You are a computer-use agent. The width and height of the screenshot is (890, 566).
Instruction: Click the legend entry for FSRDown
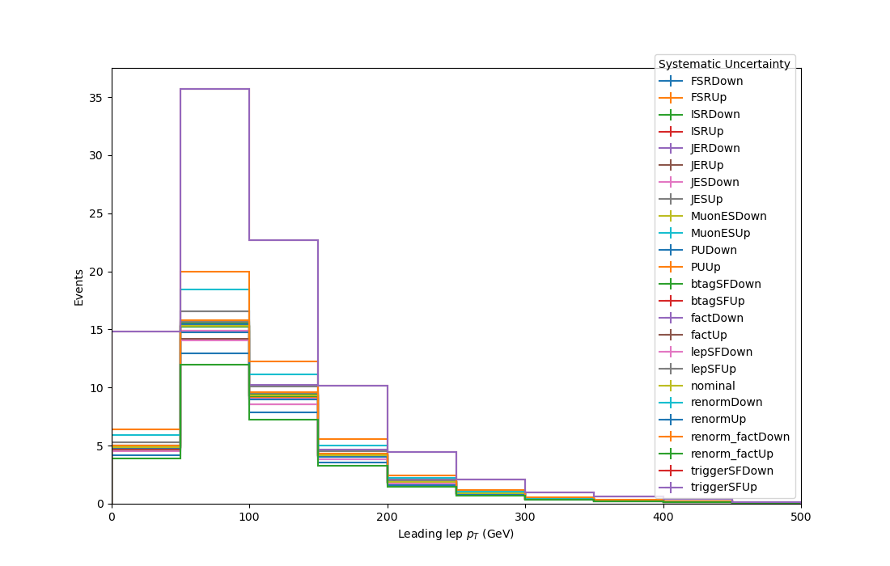pyautogui.click(x=716, y=81)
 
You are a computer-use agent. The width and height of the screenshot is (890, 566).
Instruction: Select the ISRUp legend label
pyautogui.click(x=706, y=132)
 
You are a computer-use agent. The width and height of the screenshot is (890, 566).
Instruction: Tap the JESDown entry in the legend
pyautogui.click(x=714, y=182)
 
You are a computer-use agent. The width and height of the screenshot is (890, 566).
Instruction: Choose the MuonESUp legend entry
pyautogui.click(x=720, y=233)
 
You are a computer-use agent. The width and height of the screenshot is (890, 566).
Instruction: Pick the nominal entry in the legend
pyautogui.click(x=713, y=386)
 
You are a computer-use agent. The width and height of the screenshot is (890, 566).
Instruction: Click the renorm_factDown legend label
pyautogui.click(x=740, y=437)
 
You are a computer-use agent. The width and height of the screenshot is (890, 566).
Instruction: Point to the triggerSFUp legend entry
pyautogui.click(x=723, y=488)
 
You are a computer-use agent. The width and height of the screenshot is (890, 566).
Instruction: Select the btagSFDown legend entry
pyautogui.click(x=726, y=284)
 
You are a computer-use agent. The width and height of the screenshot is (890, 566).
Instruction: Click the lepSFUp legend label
pyautogui.click(x=714, y=369)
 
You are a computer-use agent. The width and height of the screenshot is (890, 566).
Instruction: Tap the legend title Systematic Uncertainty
pyautogui.click(x=724, y=64)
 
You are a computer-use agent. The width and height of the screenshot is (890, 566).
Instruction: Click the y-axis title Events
pyautogui.click(x=78, y=288)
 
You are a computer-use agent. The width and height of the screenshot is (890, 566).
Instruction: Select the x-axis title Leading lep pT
pyautogui.click(x=456, y=534)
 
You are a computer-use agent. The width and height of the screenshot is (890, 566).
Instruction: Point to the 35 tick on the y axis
pyautogui.click(x=95, y=98)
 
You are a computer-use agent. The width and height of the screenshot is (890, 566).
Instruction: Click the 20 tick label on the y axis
pyautogui.click(x=95, y=272)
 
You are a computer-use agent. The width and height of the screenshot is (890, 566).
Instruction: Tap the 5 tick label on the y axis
pyautogui.click(x=100, y=446)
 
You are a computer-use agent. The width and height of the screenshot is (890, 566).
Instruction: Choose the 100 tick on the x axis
pyautogui.click(x=249, y=517)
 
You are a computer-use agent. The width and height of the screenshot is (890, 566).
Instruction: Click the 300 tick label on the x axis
pyautogui.click(x=525, y=517)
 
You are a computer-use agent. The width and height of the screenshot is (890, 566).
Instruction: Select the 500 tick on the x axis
pyautogui.click(x=801, y=517)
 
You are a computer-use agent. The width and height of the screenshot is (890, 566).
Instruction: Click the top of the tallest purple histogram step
pyautogui.click(x=214, y=89)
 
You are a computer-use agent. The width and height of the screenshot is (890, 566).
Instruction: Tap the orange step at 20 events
pyautogui.click(x=214, y=272)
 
